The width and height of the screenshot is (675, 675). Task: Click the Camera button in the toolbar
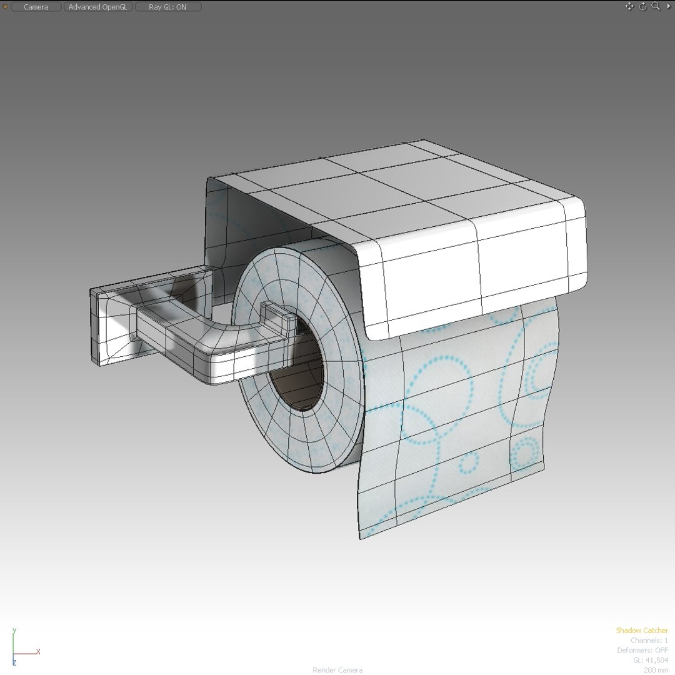point(36,7)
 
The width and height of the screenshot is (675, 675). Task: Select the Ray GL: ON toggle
point(167,7)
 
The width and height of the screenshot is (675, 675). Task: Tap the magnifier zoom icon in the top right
point(656,6)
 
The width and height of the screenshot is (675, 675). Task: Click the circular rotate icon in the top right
point(643,6)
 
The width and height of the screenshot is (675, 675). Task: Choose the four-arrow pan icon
point(629,6)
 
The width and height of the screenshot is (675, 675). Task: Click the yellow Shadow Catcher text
point(641,631)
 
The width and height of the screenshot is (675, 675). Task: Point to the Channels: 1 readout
point(649,641)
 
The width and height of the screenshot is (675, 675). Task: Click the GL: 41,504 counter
point(650,660)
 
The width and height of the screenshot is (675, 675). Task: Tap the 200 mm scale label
point(656,670)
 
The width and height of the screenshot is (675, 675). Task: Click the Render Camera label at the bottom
point(337,670)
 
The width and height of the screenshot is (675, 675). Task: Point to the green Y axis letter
point(14,631)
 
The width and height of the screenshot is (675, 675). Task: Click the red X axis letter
point(38,651)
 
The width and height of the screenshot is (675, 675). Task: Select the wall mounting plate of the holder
point(100,325)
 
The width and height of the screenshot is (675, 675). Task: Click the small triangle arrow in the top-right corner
point(667,6)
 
